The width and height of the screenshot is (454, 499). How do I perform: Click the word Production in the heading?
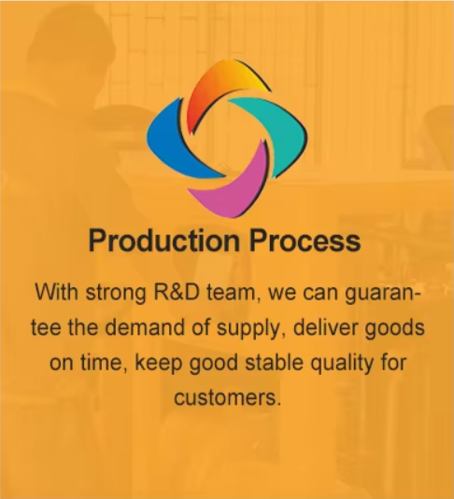pos(163,241)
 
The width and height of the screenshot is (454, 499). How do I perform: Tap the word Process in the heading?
pos(305,241)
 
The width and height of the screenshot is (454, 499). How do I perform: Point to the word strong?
pos(116,293)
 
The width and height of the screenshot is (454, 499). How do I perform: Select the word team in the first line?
pos(231,293)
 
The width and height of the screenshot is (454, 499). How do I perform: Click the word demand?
pos(145,327)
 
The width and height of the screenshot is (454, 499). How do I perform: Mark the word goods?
pos(395,328)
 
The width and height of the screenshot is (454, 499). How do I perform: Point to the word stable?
pos(274,363)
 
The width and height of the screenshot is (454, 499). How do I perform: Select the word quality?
pos(342,364)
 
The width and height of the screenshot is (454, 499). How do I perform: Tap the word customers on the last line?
pos(228,398)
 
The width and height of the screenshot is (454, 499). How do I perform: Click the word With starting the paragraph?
pos(56,292)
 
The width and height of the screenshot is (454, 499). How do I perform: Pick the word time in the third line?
pos(103,363)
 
